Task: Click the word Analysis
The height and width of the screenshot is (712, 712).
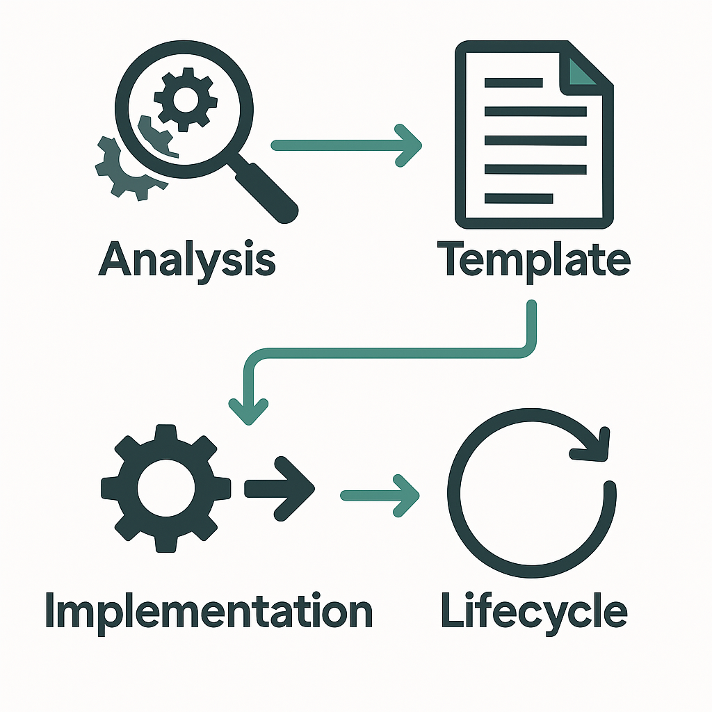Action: pos(187,260)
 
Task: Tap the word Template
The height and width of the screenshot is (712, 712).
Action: pos(534,260)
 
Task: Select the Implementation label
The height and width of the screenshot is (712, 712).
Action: pos(209,612)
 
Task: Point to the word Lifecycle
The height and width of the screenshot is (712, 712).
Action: pos(534,612)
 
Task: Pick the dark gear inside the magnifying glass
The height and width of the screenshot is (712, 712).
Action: pos(184,99)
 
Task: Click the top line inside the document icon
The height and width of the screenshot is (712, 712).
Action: pos(513,83)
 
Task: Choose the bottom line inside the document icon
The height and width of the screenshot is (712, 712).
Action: pos(518,199)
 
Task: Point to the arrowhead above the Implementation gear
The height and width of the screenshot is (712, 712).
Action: pos(249,410)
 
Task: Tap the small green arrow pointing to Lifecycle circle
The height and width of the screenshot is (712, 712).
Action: pos(380,495)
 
